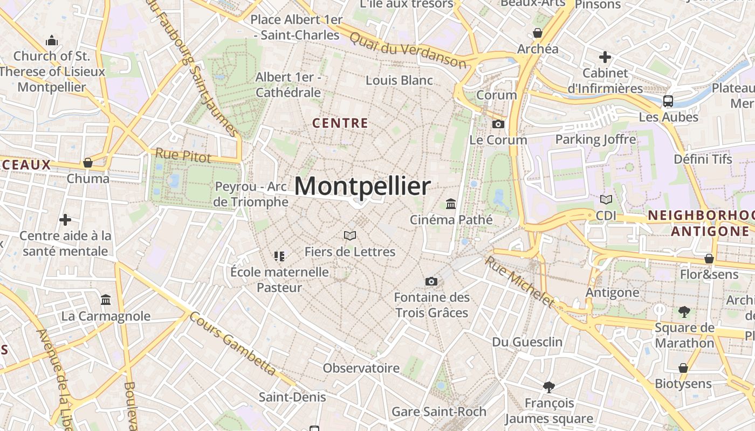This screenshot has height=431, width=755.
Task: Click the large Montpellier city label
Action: tap(362, 186)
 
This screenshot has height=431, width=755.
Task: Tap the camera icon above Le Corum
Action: tap(498, 124)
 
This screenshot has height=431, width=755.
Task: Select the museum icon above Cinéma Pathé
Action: tap(451, 204)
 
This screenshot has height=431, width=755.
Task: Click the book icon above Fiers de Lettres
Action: tap(350, 235)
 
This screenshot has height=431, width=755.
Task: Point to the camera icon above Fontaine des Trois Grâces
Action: tap(431, 281)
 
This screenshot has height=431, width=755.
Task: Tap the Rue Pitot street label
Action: tap(183, 155)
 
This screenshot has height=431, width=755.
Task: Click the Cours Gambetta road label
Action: tap(233, 343)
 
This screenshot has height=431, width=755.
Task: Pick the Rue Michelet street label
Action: tap(519, 281)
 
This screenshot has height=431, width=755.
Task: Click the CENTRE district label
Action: tap(340, 123)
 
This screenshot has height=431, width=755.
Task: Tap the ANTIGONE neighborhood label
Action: tap(710, 232)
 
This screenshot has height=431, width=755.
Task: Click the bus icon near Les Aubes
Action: tap(668, 101)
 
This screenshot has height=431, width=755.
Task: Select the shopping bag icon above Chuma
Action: tap(88, 162)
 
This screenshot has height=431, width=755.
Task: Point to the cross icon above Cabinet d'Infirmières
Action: tap(605, 57)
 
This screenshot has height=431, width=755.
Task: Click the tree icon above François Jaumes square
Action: tap(549, 386)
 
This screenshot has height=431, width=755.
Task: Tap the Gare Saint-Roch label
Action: tap(438, 412)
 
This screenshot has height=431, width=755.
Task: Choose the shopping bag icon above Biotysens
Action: tap(683, 368)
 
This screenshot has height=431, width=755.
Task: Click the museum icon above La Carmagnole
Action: tap(106, 300)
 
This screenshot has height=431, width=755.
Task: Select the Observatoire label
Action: tap(361, 368)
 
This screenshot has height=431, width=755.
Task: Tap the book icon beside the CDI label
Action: tap(606, 199)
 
